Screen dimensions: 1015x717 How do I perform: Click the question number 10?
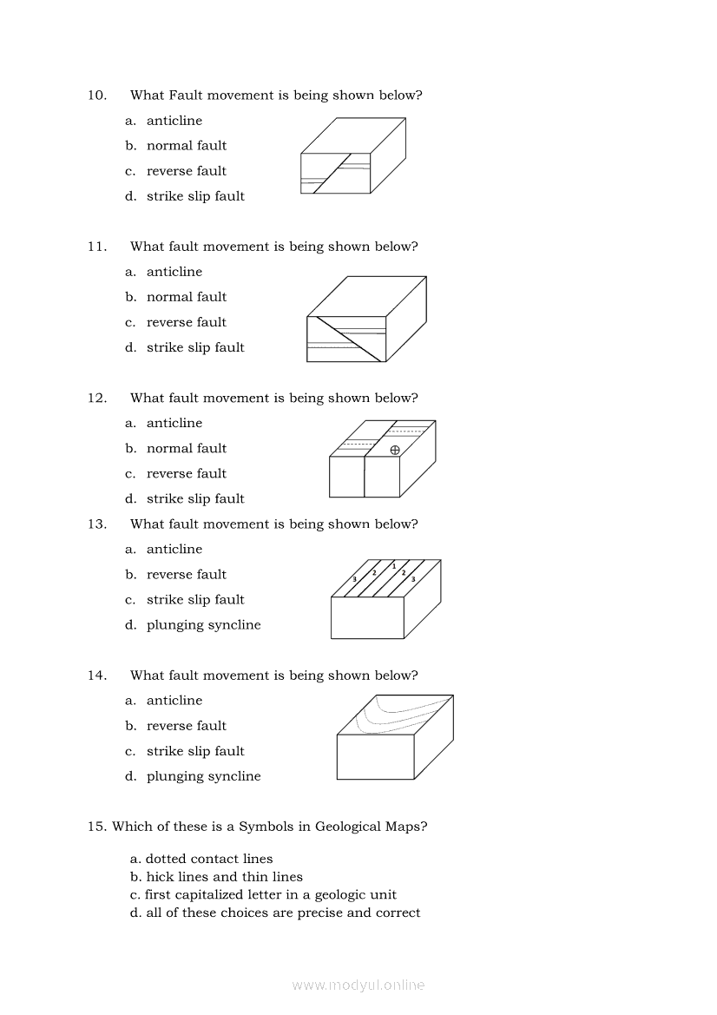96,96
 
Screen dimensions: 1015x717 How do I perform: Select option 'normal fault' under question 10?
186,146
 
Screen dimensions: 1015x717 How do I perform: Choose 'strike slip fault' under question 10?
195,196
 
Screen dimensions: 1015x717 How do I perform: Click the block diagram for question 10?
352,156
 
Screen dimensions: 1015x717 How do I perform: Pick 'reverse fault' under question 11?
186,322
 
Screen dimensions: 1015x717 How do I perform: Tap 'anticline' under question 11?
174,272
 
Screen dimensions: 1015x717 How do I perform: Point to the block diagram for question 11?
365,319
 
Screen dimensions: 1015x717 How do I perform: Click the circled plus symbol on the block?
395,450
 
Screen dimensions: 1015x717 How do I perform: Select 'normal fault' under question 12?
186,448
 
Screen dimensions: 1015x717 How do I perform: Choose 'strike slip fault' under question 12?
195,498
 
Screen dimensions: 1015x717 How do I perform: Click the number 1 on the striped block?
394,566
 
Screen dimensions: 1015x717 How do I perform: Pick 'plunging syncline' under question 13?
203,625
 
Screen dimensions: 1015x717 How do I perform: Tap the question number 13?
96,524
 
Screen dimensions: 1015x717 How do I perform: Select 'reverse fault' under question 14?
186,726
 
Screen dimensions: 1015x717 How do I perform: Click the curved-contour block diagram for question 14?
395,736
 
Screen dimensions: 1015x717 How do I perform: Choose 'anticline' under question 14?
174,701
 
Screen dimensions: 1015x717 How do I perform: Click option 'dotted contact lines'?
208,859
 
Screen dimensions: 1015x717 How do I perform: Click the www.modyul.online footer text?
358,985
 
